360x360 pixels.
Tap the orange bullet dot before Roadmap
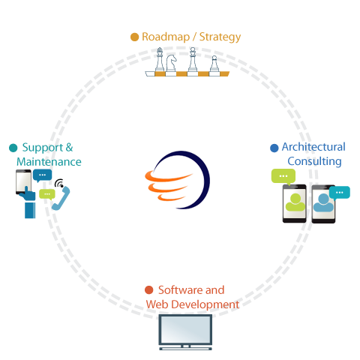134,37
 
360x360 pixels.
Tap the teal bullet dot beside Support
13,148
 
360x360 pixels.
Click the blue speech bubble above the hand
43,175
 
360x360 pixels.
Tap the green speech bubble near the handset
47,193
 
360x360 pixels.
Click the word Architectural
313,147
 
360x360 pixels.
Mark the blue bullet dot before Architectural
274,148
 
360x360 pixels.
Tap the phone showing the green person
295,203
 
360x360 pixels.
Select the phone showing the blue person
323,204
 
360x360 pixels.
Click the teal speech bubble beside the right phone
340,192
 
